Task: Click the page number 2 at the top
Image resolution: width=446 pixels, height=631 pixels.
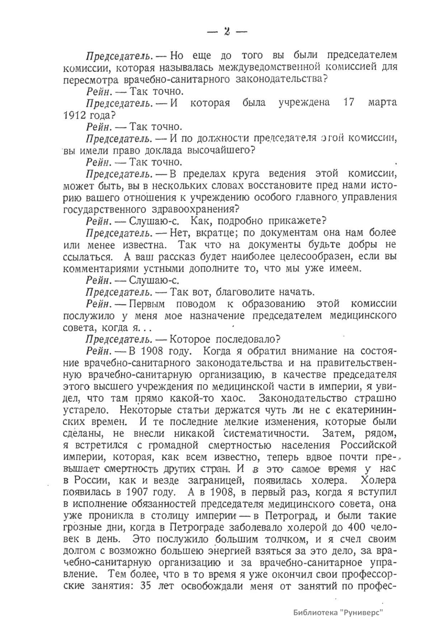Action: point(227,32)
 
